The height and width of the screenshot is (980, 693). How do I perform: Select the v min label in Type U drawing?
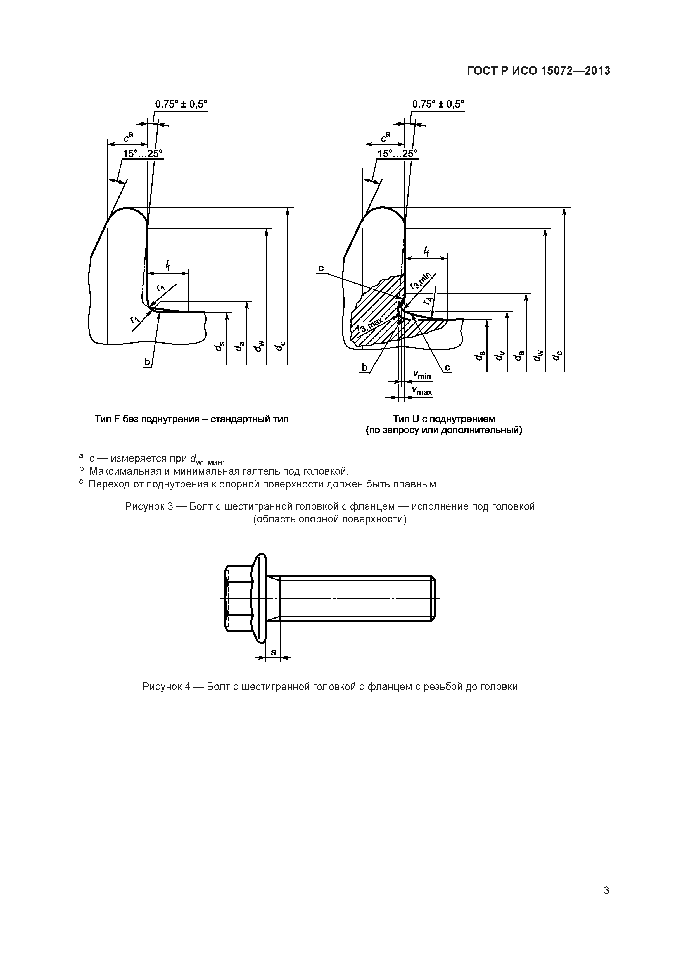pos(422,376)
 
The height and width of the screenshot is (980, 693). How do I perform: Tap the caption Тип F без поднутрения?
pos(191,419)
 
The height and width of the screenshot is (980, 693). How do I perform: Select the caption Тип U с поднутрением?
pos(444,419)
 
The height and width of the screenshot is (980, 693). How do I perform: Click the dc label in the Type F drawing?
pos(280,347)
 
